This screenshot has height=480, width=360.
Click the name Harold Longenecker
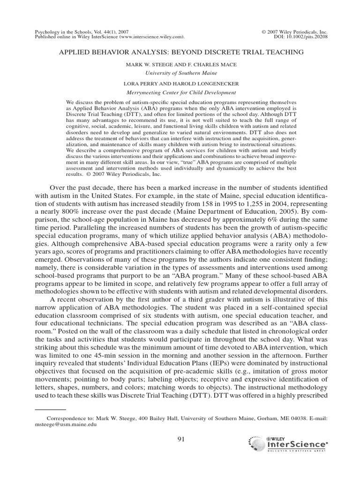(211, 84)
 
